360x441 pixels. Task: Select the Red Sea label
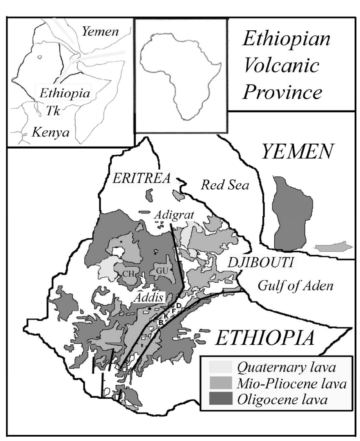(x=225, y=185)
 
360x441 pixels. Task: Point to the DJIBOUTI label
(x=261, y=262)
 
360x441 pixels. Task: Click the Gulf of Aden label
(x=295, y=285)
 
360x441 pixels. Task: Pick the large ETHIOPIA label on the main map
(x=265, y=338)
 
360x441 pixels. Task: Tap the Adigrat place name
(x=174, y=215)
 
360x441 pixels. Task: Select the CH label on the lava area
(x=129, y=274)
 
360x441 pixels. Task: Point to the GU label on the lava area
(x=162, y=271)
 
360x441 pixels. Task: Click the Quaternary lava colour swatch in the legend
(x=221, y=367)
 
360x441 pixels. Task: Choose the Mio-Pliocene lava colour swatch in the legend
(x=221, y=383)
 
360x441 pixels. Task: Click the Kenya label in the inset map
(x=51, y=132)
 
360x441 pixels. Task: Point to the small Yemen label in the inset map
(x=100, y=32)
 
